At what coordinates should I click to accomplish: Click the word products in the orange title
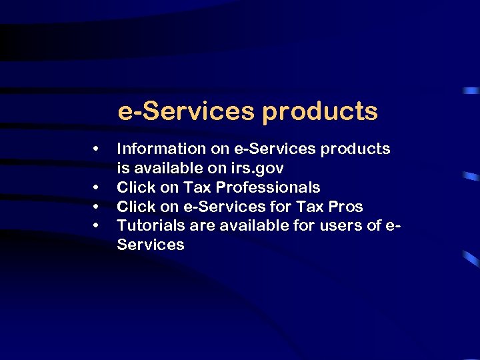pos(319,112)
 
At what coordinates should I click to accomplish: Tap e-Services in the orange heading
pos(186,111)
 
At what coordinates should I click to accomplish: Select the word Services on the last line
pos(151,245)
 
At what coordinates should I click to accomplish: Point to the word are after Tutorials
pos(201,226)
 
